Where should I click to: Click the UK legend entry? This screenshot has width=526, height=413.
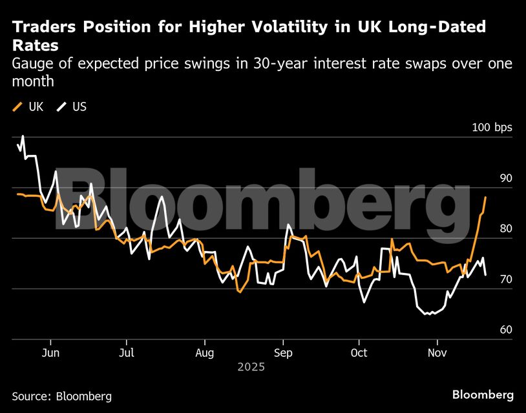[x=28, y=106]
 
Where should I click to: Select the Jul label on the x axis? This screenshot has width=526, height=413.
[x=127, y=353]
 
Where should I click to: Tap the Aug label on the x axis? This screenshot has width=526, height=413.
[x=204, y=353]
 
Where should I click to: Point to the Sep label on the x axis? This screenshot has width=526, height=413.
[x=282, y=353]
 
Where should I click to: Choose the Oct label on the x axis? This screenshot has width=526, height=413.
[x=359, y=353]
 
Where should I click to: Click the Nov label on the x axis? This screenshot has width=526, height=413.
[x=437, y=353]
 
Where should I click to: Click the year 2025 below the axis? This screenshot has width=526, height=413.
[x=251, y=367]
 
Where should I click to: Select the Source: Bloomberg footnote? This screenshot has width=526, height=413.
[x=61, y=396]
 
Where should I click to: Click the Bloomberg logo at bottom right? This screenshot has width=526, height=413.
[x=483, y=394]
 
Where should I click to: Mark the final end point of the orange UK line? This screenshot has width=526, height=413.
[x=485, y=197]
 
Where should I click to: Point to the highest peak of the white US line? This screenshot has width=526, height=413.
[x=23, y=136]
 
